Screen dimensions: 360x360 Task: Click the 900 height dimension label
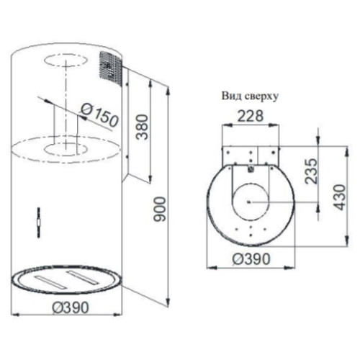(160, 209)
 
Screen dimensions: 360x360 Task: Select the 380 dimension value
(142, 127)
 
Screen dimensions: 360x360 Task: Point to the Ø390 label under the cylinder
(71, 307)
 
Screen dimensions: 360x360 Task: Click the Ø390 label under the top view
(251, 259)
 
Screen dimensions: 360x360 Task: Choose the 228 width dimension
(251, 116)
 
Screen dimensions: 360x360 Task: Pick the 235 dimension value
(311, 171)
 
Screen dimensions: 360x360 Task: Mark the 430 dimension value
(339, 197)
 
